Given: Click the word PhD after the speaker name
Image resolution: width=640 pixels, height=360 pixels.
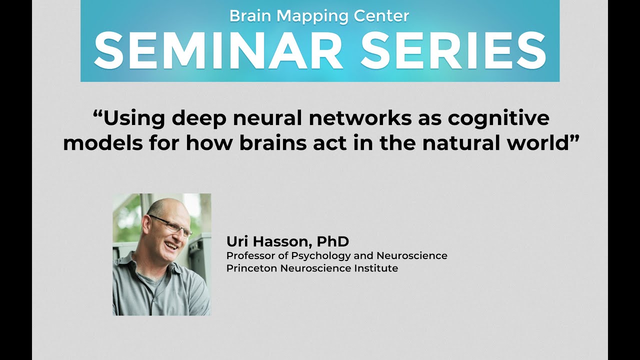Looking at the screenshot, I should [332, 241].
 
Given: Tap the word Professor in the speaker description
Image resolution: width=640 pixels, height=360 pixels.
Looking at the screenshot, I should [248, 255].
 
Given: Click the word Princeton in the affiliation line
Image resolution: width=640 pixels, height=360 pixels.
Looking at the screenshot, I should [248, 268].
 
